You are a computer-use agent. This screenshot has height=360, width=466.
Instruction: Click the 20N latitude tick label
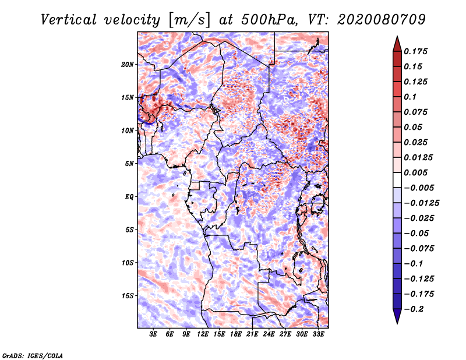click(128, 64)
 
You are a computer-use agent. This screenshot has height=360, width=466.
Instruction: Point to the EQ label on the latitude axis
click(129, 197)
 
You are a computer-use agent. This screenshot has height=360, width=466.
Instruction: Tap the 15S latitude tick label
click(128, 296)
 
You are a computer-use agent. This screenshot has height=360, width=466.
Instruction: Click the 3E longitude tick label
click(154, 334)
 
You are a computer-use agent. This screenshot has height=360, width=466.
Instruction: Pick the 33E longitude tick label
click(318, 334)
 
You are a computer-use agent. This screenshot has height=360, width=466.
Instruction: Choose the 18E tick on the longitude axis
click(236, 334)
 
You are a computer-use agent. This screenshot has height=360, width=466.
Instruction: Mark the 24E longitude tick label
click(269, 334)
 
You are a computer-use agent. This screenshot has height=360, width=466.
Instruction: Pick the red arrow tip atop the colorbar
click(397, 42)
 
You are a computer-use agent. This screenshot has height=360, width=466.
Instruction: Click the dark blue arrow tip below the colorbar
click(397, 318)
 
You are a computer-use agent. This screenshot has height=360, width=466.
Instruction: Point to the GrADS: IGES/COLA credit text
click(33, 355)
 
